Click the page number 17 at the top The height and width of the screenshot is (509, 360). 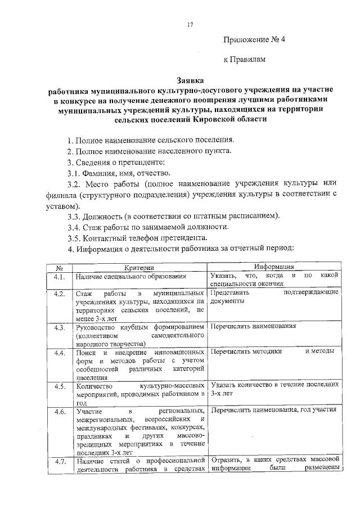click(190, 25)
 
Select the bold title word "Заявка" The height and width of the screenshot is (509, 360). click(190, 80)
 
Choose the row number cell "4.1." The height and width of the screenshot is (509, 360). click(58, 277)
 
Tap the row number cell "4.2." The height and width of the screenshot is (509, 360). click(58, 294)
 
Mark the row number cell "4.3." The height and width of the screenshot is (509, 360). click(58, 327)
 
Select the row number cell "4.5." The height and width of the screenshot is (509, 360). click(58, 386)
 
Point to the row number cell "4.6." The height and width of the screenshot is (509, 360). click(58, 412)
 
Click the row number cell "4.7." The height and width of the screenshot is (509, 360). click(58, 462)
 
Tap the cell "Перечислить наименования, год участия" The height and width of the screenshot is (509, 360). click(273, 410)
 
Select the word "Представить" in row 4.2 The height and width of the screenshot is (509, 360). click(230, 293)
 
